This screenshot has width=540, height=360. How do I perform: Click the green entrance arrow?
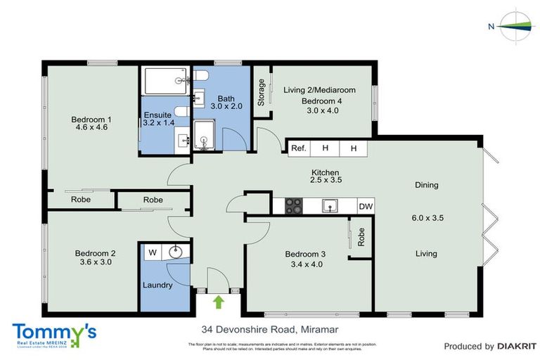click(x=218, y=302)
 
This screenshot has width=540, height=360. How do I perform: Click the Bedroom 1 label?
click(x=91, y=120)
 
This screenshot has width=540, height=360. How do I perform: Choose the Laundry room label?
click(x=157, y=285)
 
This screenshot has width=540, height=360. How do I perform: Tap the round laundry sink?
click(x=175, y=252)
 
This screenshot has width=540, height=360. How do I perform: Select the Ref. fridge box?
click(x=299, y=148)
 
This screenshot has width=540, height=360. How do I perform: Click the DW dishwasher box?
click(x=365, y=206)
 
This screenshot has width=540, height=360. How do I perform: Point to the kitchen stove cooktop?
click(x=292, y=206)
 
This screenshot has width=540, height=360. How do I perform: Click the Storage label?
click(x=262, y=93)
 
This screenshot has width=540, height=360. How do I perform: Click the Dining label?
click(x=426, y=186)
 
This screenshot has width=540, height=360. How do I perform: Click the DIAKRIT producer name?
click(x=515, y=346)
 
